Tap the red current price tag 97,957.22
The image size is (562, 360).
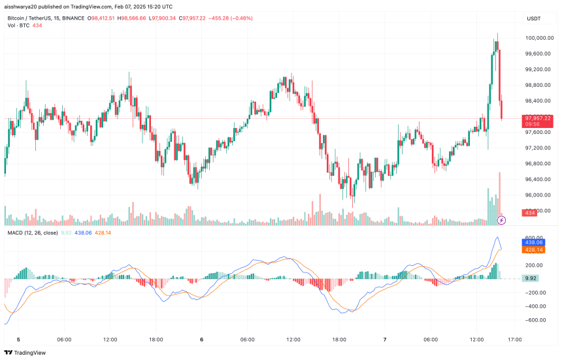[x=537, y=118]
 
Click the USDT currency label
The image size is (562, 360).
[x=534, y=18]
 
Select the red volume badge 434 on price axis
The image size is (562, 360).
[x=529, y=213]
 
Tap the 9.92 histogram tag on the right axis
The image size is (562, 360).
[x=531, y=278]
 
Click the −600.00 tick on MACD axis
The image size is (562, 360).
[x=535, y=319]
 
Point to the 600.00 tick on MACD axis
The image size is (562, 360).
[x=535, y=237]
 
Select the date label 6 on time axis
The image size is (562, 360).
[x=202, y=339]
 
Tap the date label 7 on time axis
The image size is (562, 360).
[x=385, y=339]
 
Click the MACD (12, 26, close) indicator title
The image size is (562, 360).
[x=31, y=232]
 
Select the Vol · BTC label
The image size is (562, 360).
[x=18, y=25]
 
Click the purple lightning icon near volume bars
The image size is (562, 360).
[x=501, y=220]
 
